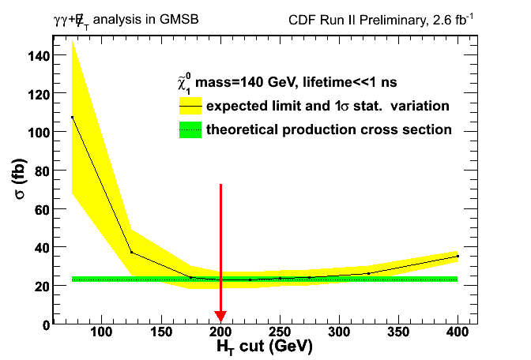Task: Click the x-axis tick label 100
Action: [x=101, y=333]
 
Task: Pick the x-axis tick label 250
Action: [x=280, y=333]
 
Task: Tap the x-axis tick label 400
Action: [x=458, y=333]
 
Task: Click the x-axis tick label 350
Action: [x=398, y=333]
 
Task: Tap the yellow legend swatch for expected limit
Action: [x=190, y=106]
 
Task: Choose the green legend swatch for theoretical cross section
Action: [x=190, y=129]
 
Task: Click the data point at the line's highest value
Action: [x=72, y=118]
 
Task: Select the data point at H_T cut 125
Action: [x=131, y=253]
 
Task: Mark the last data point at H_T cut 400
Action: [x=458, y=257]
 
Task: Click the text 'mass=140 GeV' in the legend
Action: [x=240, y=82]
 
